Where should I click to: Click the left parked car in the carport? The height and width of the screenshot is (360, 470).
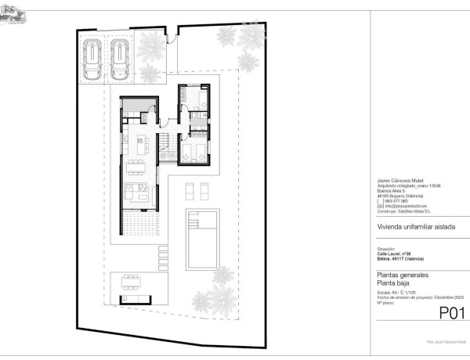92,59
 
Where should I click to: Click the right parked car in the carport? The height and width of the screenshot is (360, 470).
120,59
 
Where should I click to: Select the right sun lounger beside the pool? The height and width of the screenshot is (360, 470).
204,190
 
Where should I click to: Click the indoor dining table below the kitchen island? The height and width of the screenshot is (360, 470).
139,165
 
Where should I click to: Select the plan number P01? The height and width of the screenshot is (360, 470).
452,314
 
